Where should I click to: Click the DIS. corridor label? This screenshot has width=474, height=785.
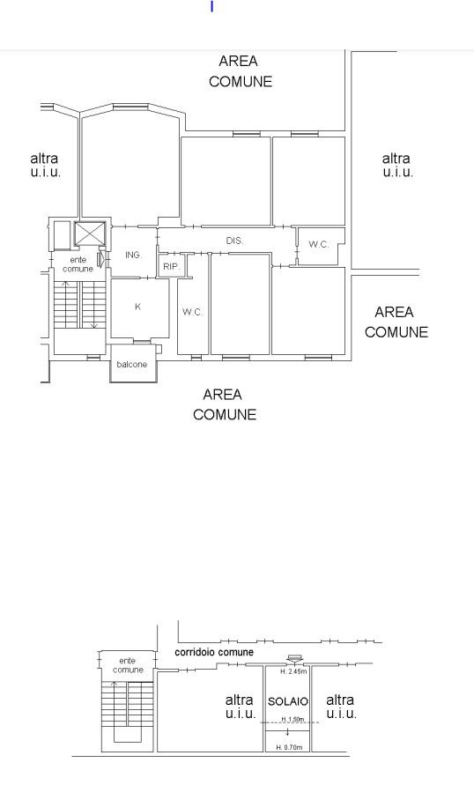234,241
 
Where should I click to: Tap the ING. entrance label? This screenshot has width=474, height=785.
134,255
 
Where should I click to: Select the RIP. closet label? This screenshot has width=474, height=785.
171,267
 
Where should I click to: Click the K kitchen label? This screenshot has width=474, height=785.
137,307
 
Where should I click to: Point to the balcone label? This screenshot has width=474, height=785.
132,365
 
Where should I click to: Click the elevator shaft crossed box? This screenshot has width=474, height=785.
90,233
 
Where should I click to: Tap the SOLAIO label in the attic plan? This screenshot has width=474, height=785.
288,701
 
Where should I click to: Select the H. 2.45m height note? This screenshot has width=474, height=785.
293,671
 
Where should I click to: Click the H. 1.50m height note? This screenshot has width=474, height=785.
293,720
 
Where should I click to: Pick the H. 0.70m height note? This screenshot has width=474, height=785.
290,747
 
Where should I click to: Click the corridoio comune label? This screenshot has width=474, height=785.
214,652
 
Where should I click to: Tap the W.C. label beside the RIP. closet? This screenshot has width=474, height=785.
192,312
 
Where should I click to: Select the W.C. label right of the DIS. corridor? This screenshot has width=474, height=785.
319,244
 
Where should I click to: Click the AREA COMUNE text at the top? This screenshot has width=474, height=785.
241,71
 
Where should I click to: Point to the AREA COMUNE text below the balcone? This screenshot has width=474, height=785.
225,404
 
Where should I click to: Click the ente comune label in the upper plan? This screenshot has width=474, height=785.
78,264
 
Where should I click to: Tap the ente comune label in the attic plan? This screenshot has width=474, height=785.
128,665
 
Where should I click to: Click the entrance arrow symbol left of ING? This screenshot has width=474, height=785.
102,258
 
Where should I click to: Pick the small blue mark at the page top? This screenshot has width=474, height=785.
211,6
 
